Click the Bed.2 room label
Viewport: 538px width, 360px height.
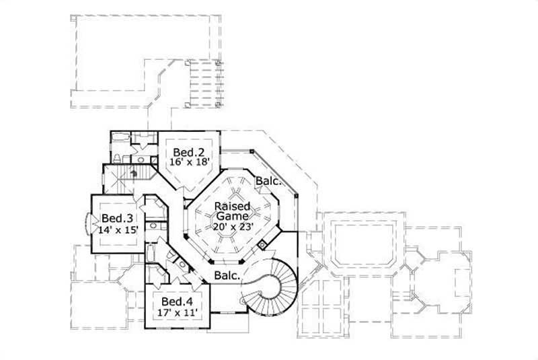tap(185, 151)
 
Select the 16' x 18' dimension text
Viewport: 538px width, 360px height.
tap(185, 161)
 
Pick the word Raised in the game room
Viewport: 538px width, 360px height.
tap(232, 206)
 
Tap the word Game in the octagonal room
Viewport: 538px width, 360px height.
tap(232, 216)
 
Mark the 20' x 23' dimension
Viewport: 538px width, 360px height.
tap(232, 227)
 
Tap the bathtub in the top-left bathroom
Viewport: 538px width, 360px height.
tap(120, 138)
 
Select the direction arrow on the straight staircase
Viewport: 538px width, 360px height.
tap(134, 172)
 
